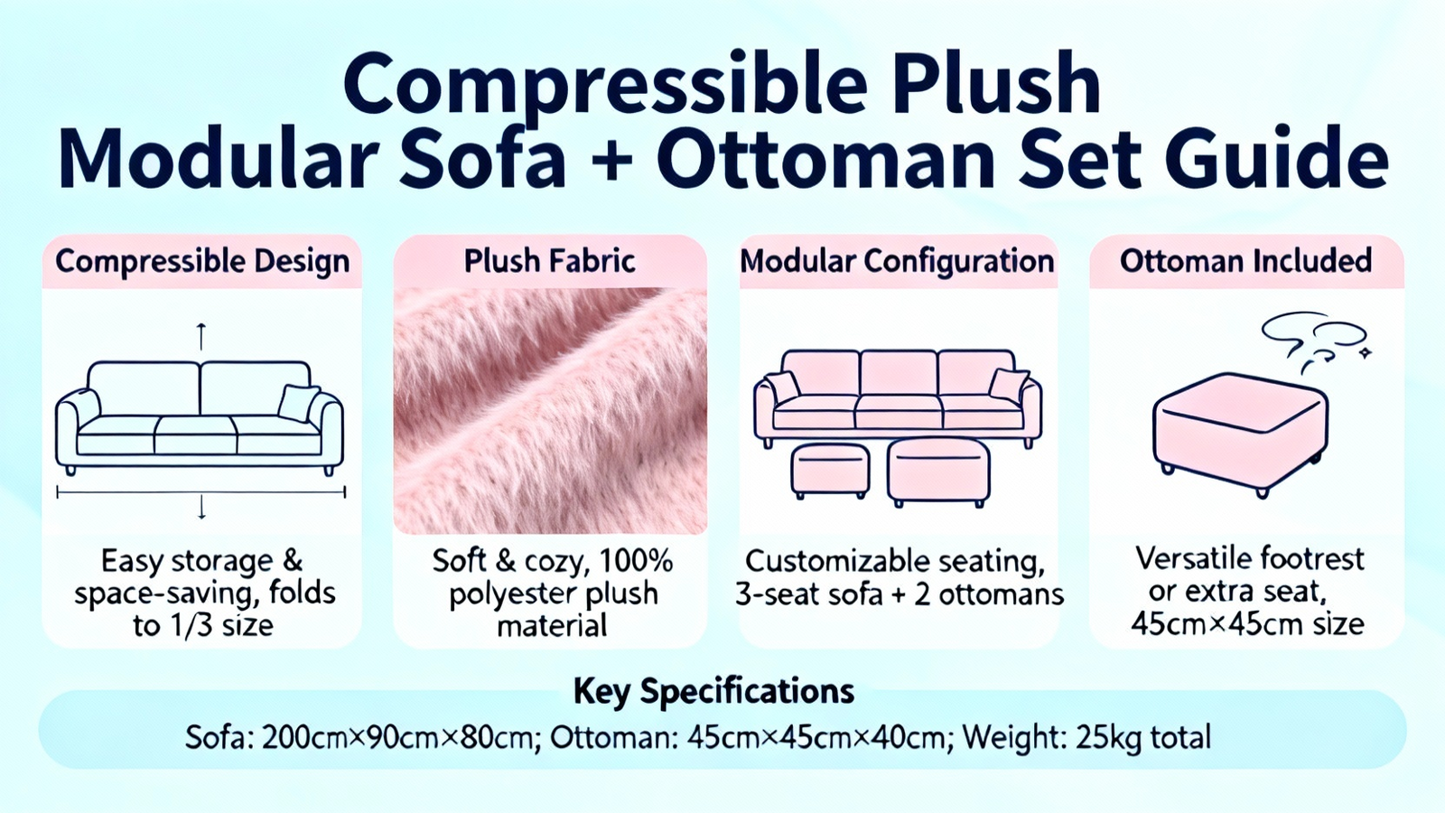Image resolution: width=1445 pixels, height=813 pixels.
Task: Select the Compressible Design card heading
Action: point(202,262)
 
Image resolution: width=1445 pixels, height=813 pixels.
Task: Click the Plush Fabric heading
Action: point(550,261)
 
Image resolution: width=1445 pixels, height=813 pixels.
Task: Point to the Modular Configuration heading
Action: point(898,261)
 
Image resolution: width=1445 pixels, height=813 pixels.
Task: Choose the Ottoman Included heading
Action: point(1245,261)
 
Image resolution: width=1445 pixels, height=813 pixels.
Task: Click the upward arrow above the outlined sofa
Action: point(201,336)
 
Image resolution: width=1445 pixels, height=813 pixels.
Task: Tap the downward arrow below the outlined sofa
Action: point(201,507)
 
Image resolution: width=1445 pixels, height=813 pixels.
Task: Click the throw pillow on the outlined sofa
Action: point(298,403)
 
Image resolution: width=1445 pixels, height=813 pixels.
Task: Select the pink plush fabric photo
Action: point(550,410)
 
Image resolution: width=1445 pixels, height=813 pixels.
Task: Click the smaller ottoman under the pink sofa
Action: point(830,471)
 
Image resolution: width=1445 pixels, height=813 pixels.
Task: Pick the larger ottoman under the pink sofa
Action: point(938,472)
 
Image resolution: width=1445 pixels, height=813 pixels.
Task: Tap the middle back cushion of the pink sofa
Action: point(899,373)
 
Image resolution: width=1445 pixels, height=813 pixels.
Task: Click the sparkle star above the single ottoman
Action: point(1365,352)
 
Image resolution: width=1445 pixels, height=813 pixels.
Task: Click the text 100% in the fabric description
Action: point(636,561)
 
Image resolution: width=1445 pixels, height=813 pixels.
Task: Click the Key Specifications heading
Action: point(713,692)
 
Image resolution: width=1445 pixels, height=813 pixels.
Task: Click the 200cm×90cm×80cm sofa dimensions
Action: point(396,737)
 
